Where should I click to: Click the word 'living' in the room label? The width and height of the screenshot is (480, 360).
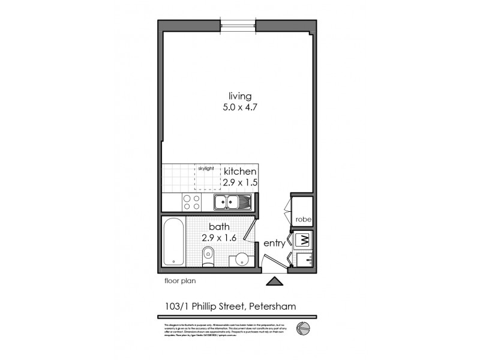pos(239,96)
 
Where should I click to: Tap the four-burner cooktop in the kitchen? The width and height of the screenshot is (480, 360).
pos(191,202)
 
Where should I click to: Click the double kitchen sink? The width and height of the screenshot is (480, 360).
pos(230,203)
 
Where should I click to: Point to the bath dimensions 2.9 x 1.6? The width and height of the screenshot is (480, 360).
pos(218,238)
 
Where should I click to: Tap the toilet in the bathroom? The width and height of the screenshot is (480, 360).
pos(206,259)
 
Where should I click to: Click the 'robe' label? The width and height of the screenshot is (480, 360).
pos(301,220)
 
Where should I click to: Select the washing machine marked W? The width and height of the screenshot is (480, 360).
pos(303,240)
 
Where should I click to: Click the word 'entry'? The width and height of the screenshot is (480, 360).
pos(274,244)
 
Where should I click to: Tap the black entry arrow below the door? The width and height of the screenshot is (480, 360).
pos(275,280)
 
